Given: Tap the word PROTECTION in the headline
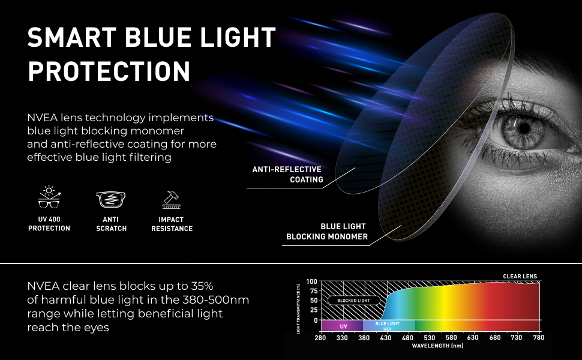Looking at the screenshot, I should [x=109, y=71].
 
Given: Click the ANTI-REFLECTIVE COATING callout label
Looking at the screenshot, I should [x=287, y=175].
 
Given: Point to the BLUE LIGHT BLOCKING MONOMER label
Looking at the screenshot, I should [x=327, y=232].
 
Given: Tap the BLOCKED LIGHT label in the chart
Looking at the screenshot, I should [x=353, y=300].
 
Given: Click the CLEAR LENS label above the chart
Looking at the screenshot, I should [x=520, y=277].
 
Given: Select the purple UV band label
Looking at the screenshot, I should [x=343, y=326].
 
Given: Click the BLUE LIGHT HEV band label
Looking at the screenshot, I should [x=387, y=326].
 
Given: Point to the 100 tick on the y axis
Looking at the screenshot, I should [x=311, y=281].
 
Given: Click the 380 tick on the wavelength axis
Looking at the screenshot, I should [x=364, y=338].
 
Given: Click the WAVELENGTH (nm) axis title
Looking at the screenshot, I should [x=437, y=346].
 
